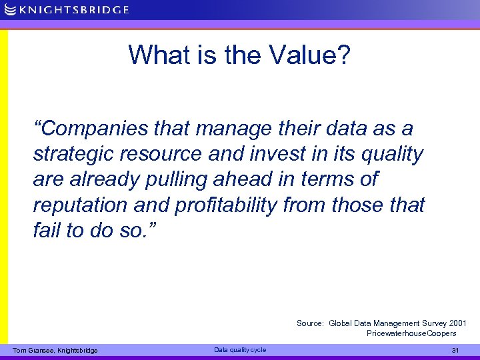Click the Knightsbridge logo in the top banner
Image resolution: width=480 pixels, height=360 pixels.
(66, 9)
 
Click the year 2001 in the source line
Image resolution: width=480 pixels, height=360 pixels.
(457, 323)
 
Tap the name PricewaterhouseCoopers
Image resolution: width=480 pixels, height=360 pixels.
(411, 333)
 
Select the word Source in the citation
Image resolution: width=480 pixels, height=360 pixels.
(310, 323)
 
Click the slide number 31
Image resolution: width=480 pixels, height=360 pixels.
(455, 351)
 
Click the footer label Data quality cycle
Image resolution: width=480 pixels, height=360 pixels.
(239, 350)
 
